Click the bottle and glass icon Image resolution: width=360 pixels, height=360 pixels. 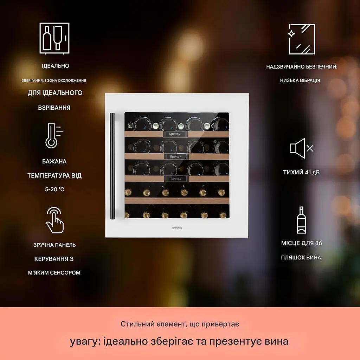tap(54, 38)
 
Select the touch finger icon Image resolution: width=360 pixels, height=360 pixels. tap(54, 220)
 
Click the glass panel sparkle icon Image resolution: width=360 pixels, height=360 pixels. tap(301, 39)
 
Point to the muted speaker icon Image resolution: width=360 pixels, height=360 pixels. tap(301, 148)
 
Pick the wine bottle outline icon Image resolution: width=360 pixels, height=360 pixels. tap(301, 220)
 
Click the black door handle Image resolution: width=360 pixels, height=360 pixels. tap(112, 166)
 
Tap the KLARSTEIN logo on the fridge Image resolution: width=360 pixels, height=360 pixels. tap(176, 228)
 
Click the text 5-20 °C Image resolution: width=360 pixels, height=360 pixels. tap(54, 189)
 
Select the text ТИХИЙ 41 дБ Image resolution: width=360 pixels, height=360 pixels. tap(301, 172)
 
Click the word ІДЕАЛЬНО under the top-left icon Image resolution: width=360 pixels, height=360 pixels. tap(55, 66)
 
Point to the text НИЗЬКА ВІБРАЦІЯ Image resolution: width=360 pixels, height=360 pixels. tap(300, 81)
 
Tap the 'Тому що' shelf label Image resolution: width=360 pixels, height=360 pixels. tap(176, 179)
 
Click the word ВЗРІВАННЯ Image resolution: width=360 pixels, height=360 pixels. tap(54, 108)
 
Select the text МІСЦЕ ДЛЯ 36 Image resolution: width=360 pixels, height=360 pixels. tap(301, 243)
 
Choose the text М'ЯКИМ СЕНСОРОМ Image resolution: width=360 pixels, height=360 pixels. tap(54, 272)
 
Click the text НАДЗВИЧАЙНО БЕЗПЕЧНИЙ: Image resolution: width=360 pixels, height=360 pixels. tap(302, 67)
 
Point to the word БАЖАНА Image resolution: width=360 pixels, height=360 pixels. tap(54, 161)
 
